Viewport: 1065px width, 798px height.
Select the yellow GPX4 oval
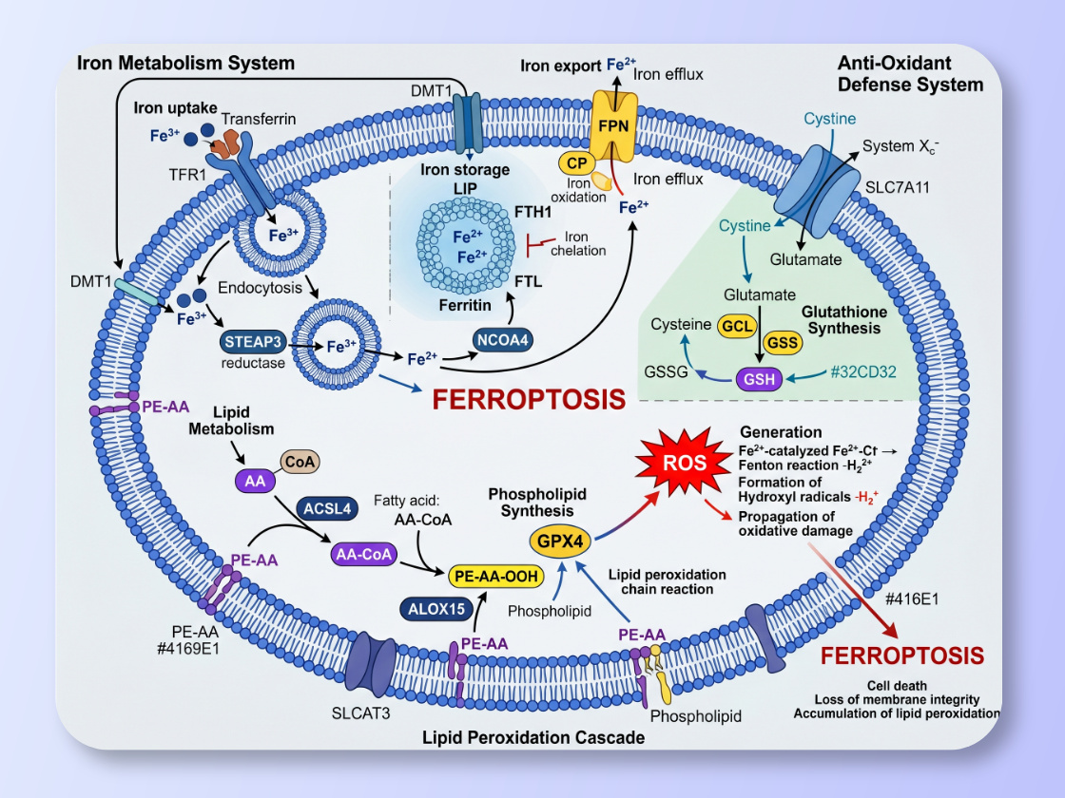click(560, 540)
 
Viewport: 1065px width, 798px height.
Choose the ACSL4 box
click(327, 508)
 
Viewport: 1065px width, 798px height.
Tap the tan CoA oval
click(300, 462)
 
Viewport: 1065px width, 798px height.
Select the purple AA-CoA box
click(362, 554)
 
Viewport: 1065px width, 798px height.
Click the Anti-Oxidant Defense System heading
click(910, 73)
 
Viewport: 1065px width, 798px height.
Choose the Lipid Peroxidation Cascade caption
click(532, 737)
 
